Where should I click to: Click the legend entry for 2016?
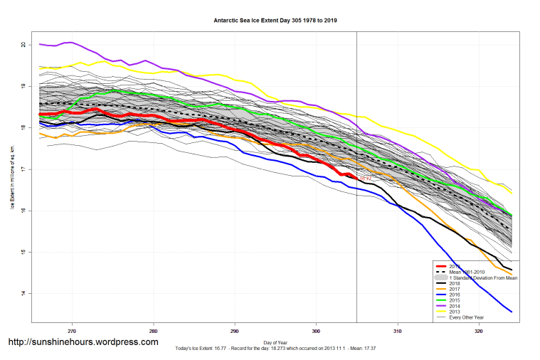(x=455, y=293)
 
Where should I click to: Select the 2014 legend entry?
(x=455, y=305)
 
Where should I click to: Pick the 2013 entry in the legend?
(x=455, y=312)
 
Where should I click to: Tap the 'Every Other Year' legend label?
(x=467, y=317)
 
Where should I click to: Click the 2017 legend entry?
(x=455, y=287)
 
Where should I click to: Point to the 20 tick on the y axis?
(x=23, y=45)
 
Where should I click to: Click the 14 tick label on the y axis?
(x=23, y=294)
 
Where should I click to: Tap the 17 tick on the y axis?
(x=23, y=169)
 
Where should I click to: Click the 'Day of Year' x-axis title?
(x=275, y=342)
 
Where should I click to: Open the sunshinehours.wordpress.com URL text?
(x=83, y=342)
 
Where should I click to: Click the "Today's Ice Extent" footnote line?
(x=275, y=349)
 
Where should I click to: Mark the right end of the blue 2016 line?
(x=512, y=311)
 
